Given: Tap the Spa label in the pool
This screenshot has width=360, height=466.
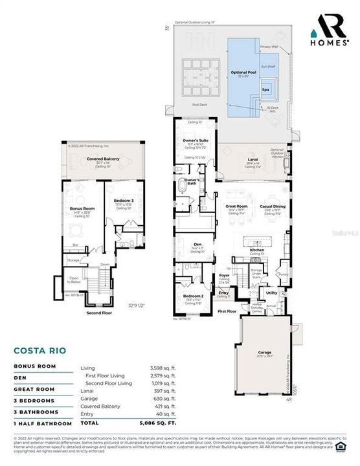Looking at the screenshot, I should pos(265,90).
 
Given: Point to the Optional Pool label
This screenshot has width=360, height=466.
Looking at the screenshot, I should pos(243,72).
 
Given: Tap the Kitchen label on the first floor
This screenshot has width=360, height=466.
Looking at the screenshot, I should pos(256,249).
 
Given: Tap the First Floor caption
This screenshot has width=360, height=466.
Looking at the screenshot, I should pos(226,311).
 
